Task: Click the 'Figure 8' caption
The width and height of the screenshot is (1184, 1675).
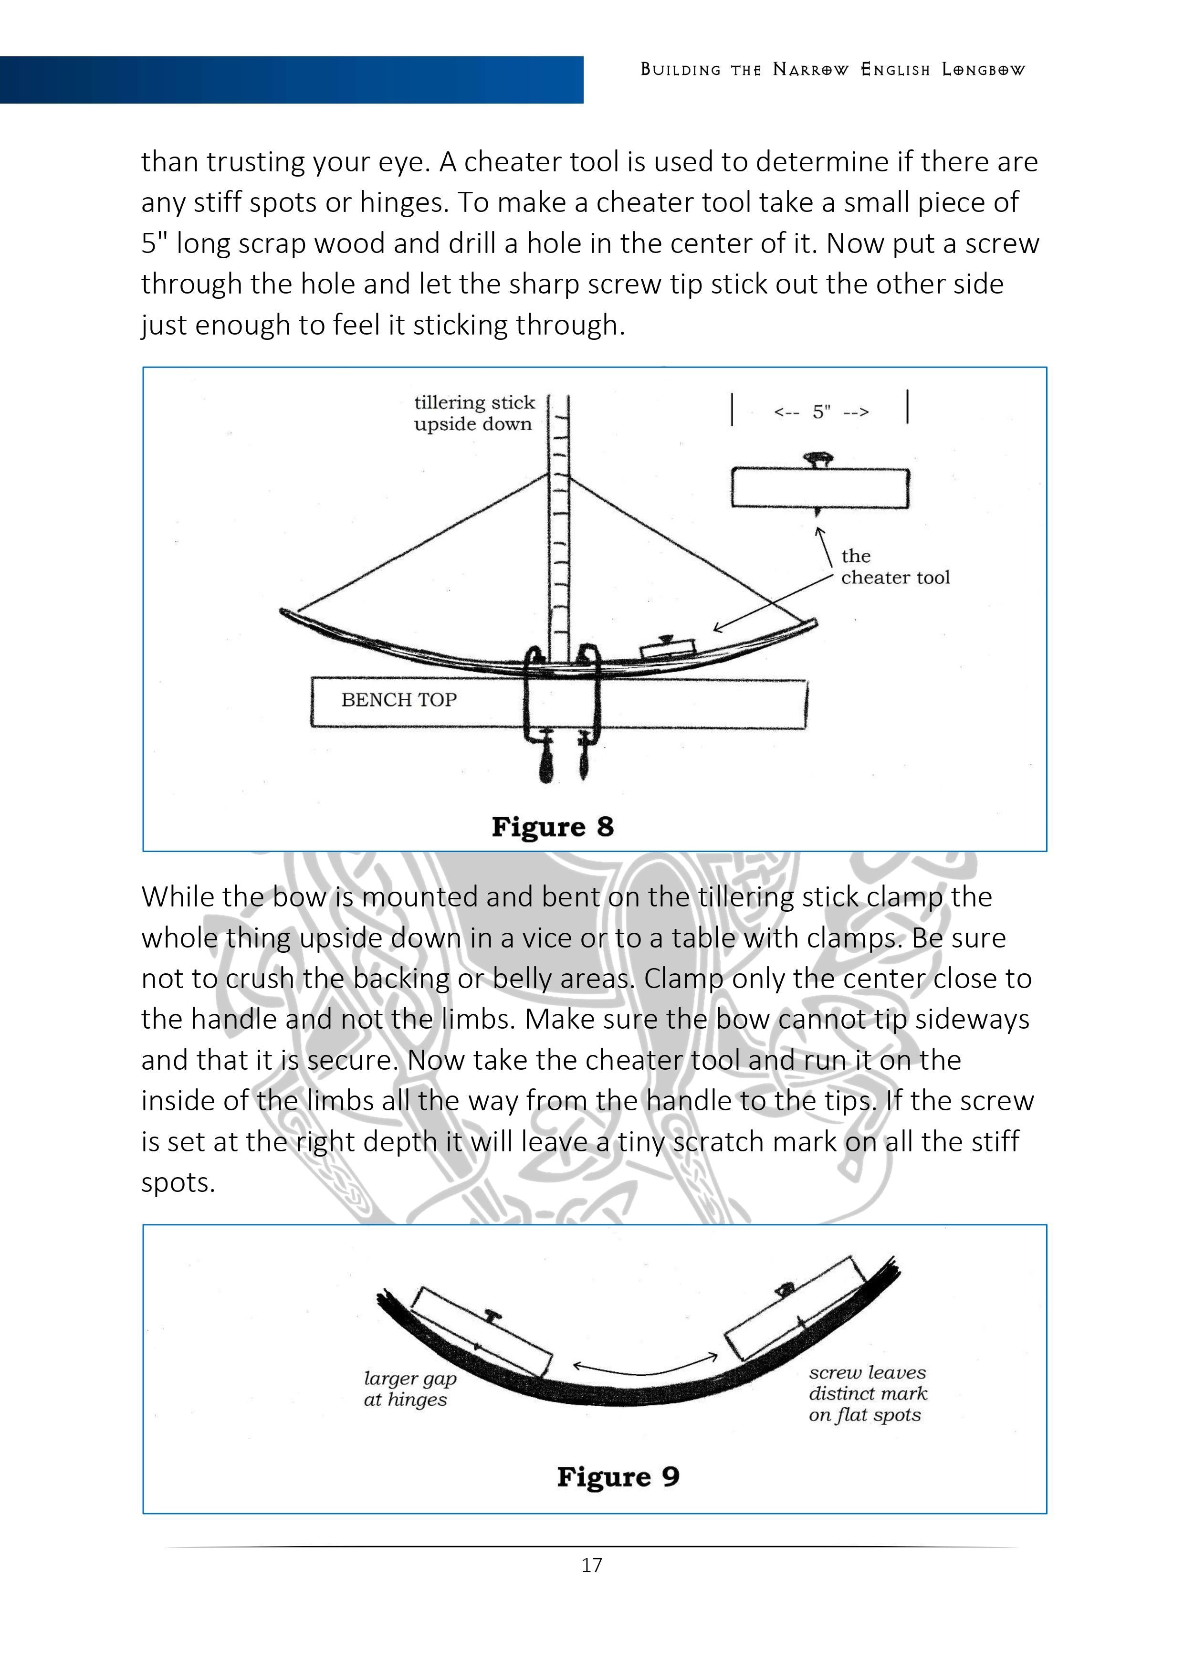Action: (552, 827)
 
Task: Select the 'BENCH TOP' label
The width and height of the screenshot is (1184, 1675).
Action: (398, 700)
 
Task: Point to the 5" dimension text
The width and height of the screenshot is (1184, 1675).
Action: (821, 412)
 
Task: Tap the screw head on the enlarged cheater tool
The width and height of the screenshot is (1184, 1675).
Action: (818, 460)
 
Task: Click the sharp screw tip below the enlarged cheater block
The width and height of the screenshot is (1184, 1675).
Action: (818, 512)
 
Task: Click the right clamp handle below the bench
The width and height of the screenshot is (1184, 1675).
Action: (584, 762)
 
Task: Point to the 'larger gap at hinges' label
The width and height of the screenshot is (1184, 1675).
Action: (409, 1389)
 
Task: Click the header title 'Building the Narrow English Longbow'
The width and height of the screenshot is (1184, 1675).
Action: (832, 70)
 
